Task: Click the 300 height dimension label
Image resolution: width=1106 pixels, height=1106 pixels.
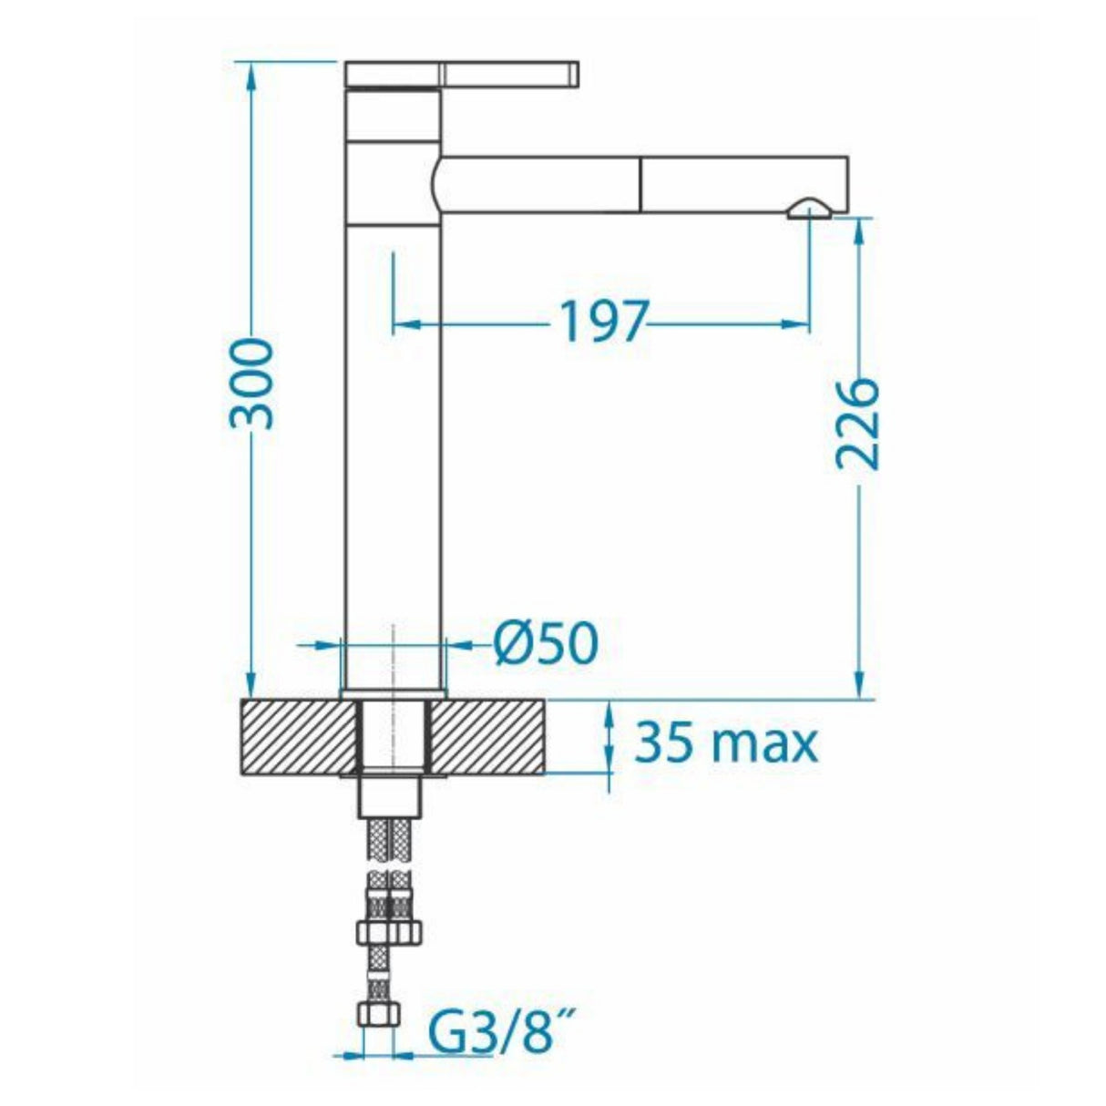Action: pos(251,383)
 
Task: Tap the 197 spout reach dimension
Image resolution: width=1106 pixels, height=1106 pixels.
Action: pos(601,322)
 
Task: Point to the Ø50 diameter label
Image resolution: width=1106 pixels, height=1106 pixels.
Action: pos(547,644)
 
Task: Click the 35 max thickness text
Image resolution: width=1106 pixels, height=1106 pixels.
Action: pos(726,742)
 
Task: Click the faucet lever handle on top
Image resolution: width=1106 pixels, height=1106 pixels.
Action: pos(463,74)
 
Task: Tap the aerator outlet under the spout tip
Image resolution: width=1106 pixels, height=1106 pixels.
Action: pos(809,209)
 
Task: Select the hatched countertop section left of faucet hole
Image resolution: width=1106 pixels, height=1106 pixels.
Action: pos(296,736)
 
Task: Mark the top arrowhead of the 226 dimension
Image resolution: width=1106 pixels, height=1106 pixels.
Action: pos(858,230)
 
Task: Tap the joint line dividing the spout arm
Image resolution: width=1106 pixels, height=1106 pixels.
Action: pos(640,185)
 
